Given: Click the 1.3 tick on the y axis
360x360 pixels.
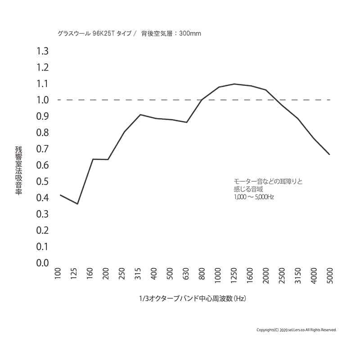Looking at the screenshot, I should [x=42, y=51].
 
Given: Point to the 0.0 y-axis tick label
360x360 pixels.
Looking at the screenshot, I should [x=42, y=263].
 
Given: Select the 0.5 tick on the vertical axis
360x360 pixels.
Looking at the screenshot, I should [x=42, y=181].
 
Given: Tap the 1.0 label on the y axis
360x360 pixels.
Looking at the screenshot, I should [x=42, y=100].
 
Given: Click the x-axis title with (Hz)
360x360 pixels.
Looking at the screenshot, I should [x=193, y=298].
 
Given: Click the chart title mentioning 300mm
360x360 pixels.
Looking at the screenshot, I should [x=129, y=33].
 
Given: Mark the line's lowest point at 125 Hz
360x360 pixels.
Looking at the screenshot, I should [x=77, y=204].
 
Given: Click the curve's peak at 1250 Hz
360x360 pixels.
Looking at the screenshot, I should [x=234, y=84].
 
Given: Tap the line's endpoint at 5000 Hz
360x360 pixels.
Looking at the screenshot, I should [x=330, y=154].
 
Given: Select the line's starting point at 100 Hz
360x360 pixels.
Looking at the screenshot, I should [x=60, y=195].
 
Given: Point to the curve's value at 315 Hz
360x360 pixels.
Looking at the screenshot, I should [x=140, y=115].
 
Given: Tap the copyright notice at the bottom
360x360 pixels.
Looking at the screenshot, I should [x=296, y=330].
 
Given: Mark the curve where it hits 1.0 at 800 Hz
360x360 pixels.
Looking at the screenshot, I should [x=202, y=100].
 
